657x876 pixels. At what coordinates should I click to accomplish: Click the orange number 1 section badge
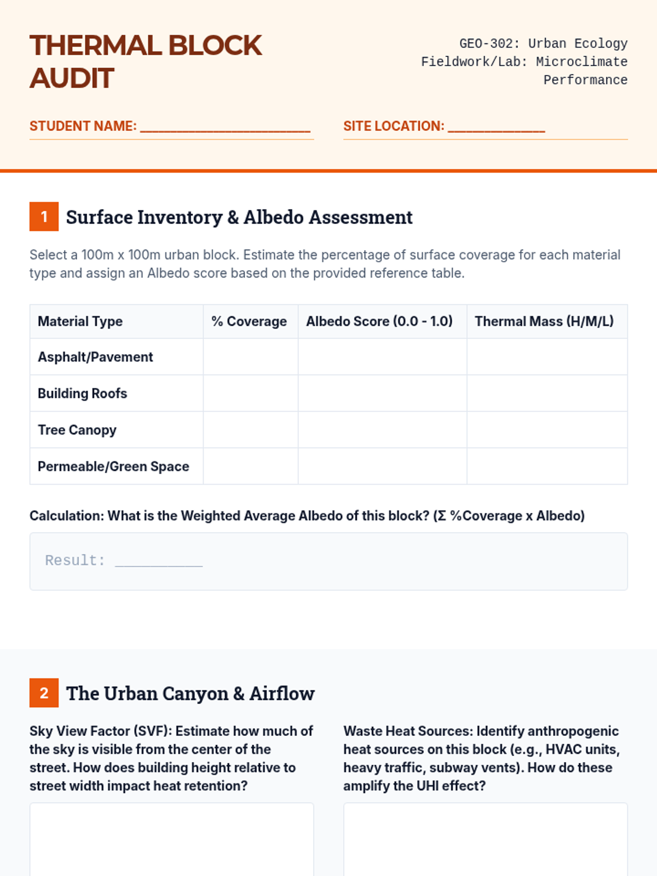pyautogui.click(x=44, y=217)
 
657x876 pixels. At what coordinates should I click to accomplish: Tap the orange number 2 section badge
pyautogui.click(x=44, y=693)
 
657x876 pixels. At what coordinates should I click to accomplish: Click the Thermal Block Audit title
pyautogui.click(x=146, y=61)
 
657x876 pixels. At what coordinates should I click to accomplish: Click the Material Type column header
pyautogui.click(x=80, y=321)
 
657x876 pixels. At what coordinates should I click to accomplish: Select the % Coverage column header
pyautogui.click(x=249, y=321)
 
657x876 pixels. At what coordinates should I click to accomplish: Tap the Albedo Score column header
pyautogui.click(x=379, y=321)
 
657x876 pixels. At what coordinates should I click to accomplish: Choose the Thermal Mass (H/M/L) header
pyautogui.click(x=544, y=321)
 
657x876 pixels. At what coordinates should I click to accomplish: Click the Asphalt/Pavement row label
pyautogui.click(x=95, y=357)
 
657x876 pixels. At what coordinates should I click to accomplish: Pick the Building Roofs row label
pyautogui.click(x=82, y=394)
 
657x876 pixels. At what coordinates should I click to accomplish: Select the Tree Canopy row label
pyautogui.click(x=77, y=430)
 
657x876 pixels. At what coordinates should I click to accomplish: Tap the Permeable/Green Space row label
pyautogui.click(x=113, y=466)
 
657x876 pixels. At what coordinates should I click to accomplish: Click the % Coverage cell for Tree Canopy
pyautogui.click(x=251, y=430)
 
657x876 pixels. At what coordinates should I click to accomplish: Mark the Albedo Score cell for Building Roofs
pyautogui.click(x=382, y=393)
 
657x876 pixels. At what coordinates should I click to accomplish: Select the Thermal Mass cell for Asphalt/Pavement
pyautogui.click(x=547, y=356)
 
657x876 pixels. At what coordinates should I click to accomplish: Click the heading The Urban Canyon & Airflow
pyautogui.click(x=190, y=694)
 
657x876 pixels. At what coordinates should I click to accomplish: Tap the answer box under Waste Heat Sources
pyautogui.click(x=485, y=840)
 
